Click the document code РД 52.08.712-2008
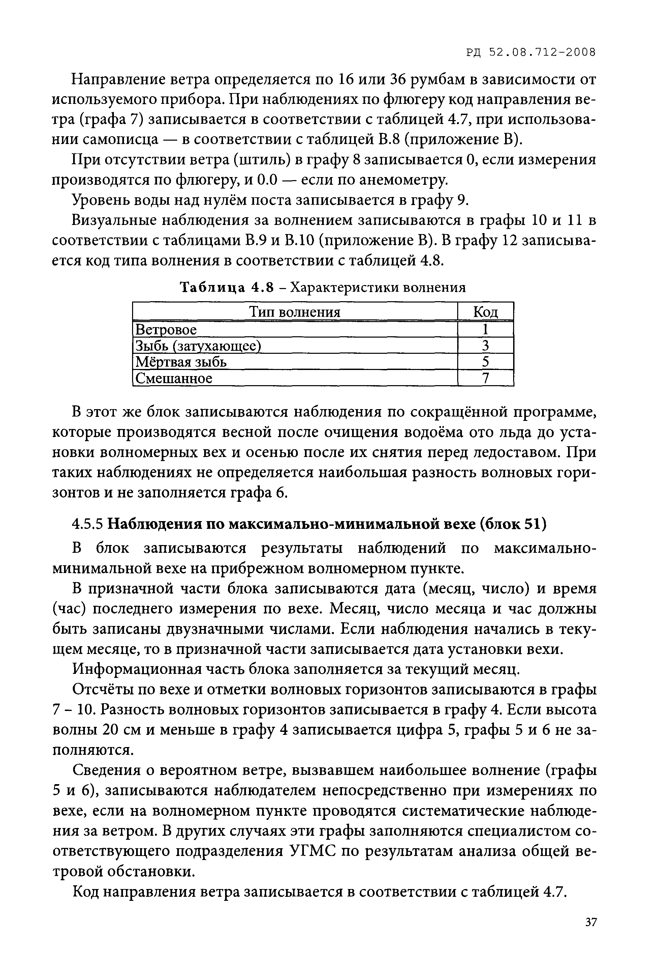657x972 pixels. pyautogui.click(x=530, y=52)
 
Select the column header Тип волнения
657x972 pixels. pyautogui.click(x=295, y=312)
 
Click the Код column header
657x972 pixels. pyautogui.click(x=485, y=312)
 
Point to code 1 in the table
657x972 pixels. pyautogui.click(x=485, y=330)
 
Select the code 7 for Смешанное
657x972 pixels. pyautogui.click(x=485, y=378)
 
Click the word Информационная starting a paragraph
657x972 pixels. pyautogui.click(x=137, y=669)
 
